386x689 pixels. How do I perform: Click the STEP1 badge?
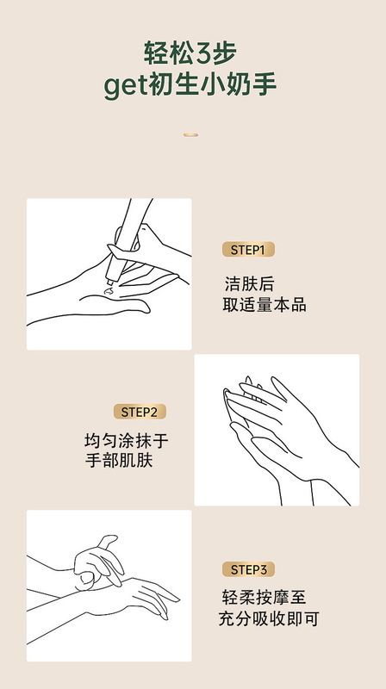click(248, 251)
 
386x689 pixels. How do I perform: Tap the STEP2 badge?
click(140, 412)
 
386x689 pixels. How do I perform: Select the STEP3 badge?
click(248, 569)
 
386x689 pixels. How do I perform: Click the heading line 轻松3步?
click(192, 54)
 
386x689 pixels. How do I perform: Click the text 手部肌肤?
click(113, 464)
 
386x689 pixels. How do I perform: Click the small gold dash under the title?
click(192, 134)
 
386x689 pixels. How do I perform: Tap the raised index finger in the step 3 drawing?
click(105, 544)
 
